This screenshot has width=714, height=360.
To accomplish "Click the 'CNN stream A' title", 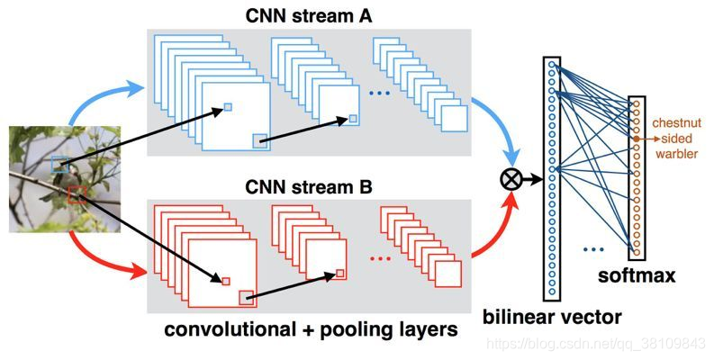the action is click(x=308, y=16).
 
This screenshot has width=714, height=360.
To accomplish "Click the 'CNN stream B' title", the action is click(x=308, y=186).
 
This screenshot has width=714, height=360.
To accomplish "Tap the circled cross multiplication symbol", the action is click(x=511, y=179).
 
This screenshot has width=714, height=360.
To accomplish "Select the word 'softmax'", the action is click(x=637, y=275).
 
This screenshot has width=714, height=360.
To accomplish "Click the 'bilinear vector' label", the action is click(x=552, y=317).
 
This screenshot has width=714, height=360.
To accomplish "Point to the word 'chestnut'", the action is click(x=676, y=123).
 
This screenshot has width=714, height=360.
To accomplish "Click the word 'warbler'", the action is click(x=677, y=154).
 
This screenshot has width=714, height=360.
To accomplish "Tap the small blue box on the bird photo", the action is click(x=59, y=165).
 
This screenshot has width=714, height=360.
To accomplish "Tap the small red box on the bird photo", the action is click(x=77, y=194).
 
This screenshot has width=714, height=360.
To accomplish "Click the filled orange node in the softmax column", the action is click(x=637, y=139).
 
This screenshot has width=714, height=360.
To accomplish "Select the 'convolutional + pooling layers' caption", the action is click(x=311, y=329).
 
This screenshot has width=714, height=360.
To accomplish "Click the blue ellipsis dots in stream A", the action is click(x=379, y=94).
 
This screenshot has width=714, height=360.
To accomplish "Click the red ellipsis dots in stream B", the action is click(x=380, y=258).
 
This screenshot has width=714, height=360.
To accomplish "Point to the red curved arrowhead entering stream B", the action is click(x=137, y=273).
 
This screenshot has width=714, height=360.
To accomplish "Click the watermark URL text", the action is click(x=596, y=344).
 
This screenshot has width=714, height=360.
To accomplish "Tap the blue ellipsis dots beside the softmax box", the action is click(x=593, y=249).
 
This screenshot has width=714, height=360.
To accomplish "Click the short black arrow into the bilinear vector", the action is click(x=532, y=179).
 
